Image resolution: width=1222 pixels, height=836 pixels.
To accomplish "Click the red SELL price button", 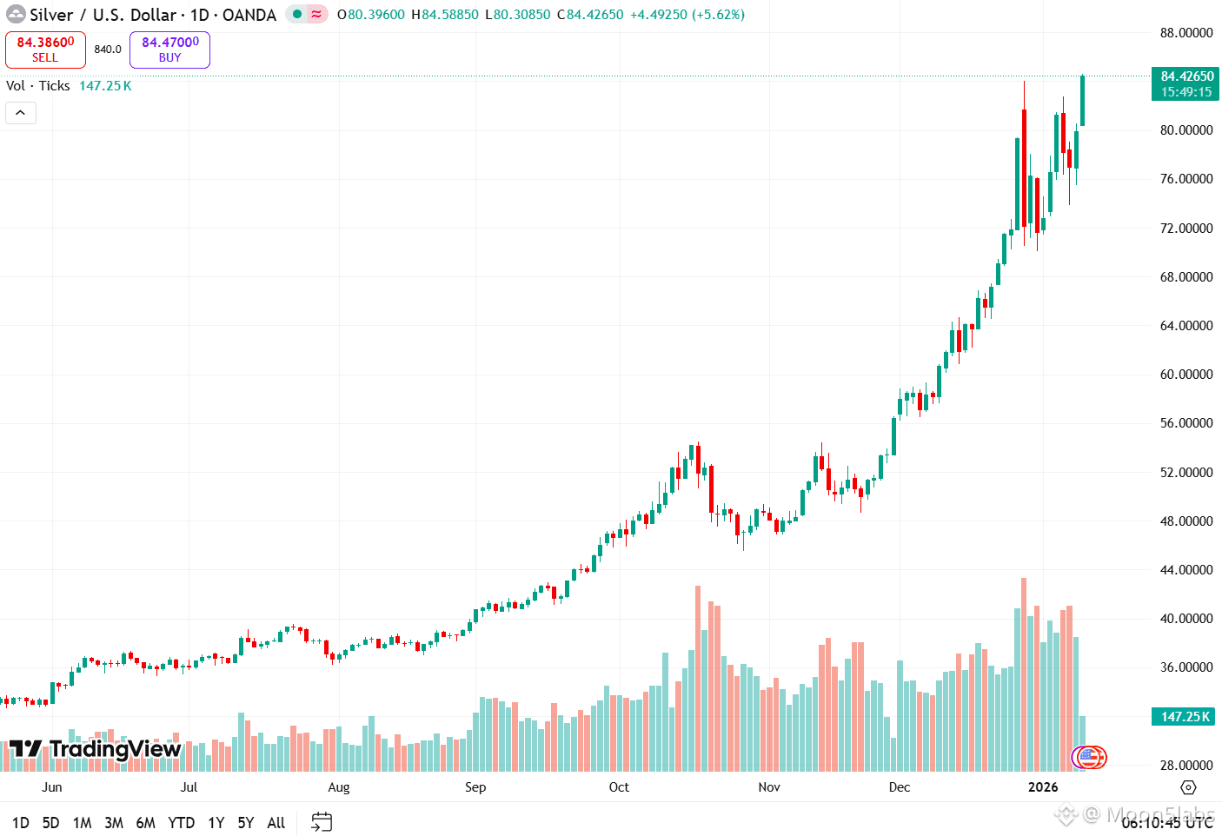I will tap(45, 50).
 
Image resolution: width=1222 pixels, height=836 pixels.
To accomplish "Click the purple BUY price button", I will tap(169, 50).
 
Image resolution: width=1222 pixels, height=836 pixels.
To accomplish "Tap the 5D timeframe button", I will tap(51, 823).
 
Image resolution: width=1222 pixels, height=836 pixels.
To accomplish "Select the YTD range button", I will tap(181, 823).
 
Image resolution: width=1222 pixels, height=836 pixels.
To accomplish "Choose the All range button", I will tap(276, 823).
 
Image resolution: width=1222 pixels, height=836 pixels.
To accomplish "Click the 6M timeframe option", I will tap(145, 823).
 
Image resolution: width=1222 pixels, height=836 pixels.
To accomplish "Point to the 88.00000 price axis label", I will tap(1186, 33).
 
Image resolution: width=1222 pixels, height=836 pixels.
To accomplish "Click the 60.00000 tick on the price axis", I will tap(1186, 375).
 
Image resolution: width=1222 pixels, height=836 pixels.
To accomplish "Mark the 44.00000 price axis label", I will tap(1186, 570).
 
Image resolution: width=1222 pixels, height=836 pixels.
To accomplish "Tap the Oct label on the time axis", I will tap(619, 787).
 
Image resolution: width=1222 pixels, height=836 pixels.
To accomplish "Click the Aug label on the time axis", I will tap(339, 787).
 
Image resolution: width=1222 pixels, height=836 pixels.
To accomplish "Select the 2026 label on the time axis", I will tap(1043, 787).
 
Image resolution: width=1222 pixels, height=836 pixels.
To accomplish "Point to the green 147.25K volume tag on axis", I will tap(1185, 717).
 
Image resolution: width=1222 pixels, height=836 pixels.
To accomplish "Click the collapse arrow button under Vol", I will tap(21, 113).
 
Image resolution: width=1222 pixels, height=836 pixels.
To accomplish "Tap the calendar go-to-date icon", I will tap(322, 822).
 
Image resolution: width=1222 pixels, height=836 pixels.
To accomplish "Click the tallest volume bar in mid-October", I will tap(698, 678).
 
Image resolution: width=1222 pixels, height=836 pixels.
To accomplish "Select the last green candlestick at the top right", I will tap(1082, 101).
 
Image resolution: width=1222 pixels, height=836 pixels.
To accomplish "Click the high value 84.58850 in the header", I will tap(449, 15).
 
